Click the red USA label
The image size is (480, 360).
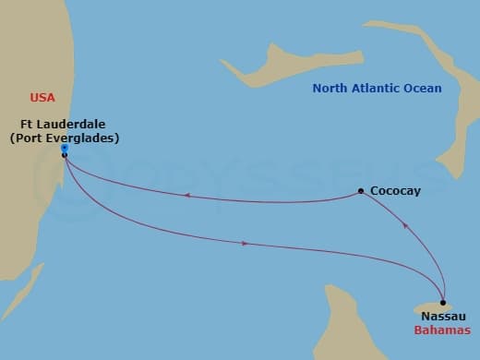(42, 97)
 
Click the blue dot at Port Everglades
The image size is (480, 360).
(64, 148)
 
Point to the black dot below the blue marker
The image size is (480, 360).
(64, 155)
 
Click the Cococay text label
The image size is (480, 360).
(394, 191)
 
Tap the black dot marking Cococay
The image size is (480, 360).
(361, 192)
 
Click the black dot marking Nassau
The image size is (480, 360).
(443, 303)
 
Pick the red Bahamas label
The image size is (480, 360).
(442, 330)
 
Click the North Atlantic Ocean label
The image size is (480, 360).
(377, 89)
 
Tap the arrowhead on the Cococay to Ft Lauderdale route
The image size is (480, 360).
(187, 195)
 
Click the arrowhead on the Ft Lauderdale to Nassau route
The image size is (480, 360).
(244, 244)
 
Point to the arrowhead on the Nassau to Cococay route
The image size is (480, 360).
(403, 224)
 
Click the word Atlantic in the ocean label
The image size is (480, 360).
(377, 89)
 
